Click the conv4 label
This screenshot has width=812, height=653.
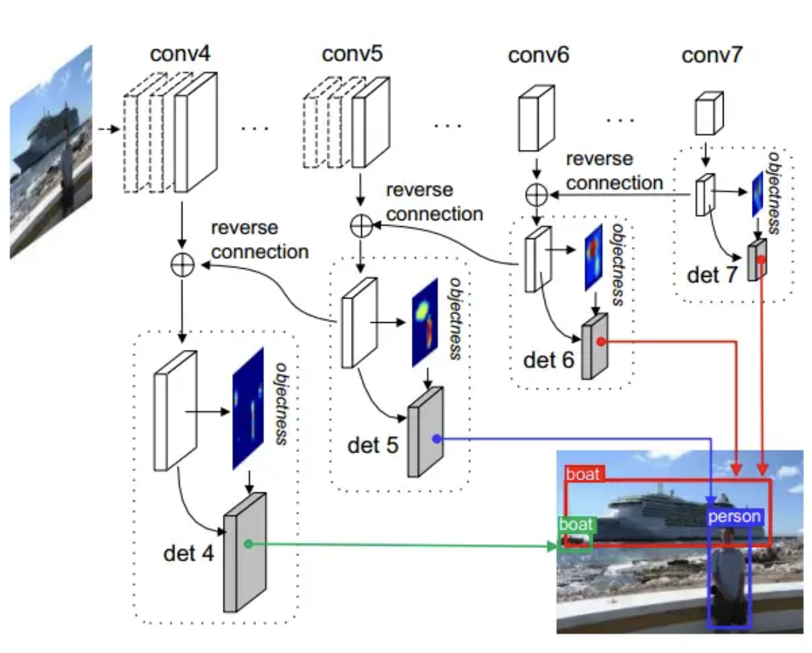tap(180, 53)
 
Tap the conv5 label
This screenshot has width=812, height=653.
tap(352, 53)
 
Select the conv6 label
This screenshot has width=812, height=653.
tap(538, 55)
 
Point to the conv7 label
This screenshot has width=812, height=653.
tap(712, 55)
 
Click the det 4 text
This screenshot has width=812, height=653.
tap(188, 553)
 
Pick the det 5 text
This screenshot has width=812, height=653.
tap(372, 445)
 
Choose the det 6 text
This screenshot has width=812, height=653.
tap(548, 360)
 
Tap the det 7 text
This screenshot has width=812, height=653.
tap(712, 275)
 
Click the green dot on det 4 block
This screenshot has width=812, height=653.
tap(248, 544)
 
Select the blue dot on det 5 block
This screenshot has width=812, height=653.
tap(436, 438)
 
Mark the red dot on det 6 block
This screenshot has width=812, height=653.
tap(600, 341)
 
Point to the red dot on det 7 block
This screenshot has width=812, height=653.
tap(761, 259)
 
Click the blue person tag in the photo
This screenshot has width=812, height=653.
tap(734, 516)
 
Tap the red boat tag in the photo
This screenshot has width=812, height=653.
tap(583, 474)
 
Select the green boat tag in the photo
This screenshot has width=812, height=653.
tap(576, 524)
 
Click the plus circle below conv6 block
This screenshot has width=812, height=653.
tap(537, 194)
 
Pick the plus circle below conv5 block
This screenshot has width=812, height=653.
tap(361, 226)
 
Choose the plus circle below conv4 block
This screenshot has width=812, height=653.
tap(182, 265)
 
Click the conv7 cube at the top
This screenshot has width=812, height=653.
tap(709, 114)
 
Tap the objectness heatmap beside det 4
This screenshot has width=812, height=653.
tap(248, 409)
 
